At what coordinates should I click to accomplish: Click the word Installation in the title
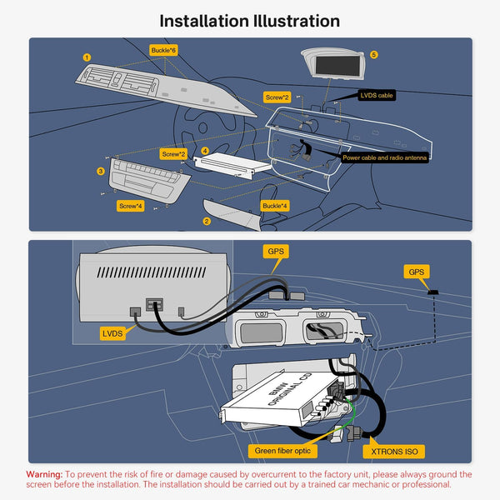click(203, 21)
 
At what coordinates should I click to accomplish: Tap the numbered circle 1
click(87, 57)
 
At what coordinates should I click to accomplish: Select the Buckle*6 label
click(163, 50)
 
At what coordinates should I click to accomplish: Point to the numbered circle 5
click(374, 54)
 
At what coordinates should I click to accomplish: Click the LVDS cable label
click(377, 96)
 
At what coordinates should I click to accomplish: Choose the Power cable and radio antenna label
click(385, 157)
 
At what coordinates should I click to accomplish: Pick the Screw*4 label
click(131, 205)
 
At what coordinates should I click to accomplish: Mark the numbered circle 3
click(101, 171)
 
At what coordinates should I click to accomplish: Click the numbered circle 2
click(206, 221)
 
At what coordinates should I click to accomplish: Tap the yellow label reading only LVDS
click(112, 332)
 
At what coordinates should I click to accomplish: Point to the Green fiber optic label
click(282, 452)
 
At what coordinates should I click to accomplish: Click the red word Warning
click(44, 474)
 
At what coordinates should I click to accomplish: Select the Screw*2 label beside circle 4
click(172, 154)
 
